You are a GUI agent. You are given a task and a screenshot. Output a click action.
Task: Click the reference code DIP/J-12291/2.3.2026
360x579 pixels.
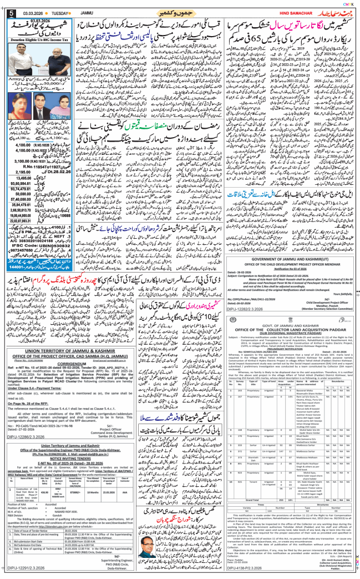(x=28, y=568)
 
